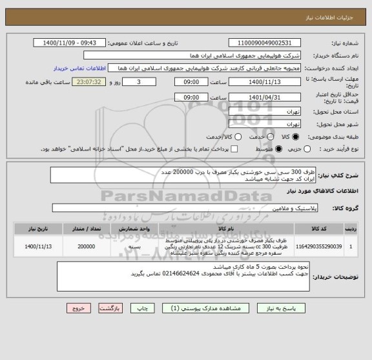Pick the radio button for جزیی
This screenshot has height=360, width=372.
pyautogui.click(x=307, y=149)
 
